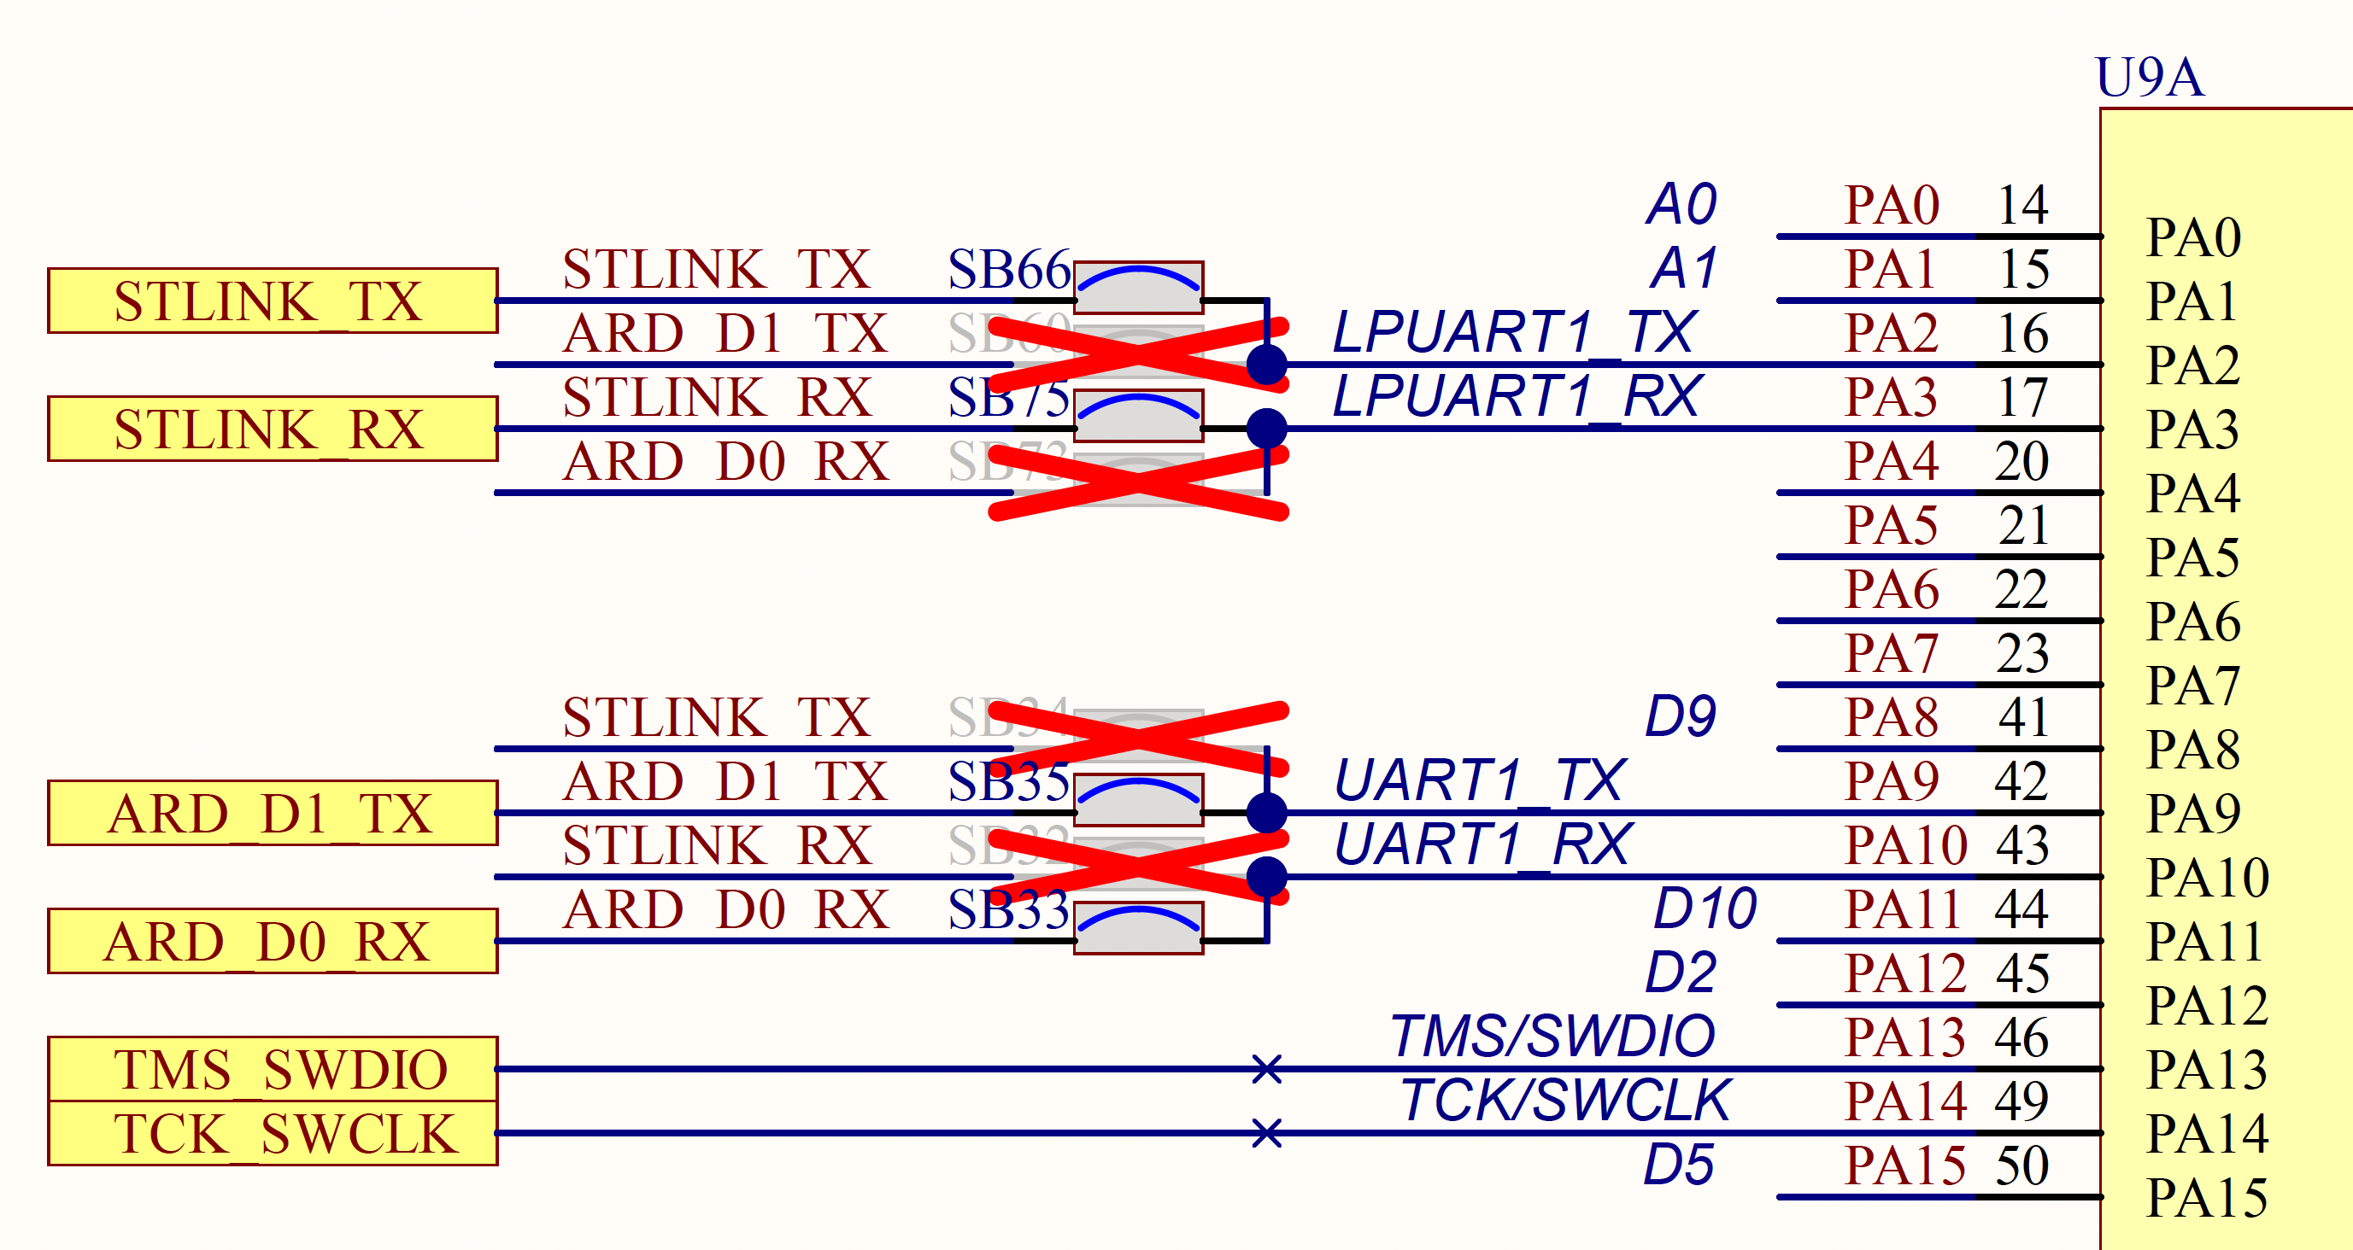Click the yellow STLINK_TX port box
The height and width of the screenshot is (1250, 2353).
(273, 301)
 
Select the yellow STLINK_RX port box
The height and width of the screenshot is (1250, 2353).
(273, 429)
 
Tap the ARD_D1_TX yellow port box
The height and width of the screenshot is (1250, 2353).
(273, 813)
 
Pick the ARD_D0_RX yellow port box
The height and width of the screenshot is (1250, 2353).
(273, 940)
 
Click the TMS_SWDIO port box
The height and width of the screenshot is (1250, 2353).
(273, 1068)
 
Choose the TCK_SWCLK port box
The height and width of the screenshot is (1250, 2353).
(273, 1133)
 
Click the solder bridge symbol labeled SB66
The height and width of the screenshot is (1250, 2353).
(1138, 288)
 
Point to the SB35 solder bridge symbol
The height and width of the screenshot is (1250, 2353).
(1138, 800)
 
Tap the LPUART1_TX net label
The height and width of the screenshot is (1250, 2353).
(1513, 331)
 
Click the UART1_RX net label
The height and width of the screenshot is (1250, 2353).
(1481, 844)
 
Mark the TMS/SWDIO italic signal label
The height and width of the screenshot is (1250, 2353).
(1552, 1037)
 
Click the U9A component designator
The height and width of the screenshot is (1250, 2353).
(2150, 77)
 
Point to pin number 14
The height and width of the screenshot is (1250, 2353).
(2022, 205)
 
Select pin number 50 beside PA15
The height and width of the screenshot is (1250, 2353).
(2022, 1165)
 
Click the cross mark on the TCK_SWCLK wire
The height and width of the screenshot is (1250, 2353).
(1267, 1133)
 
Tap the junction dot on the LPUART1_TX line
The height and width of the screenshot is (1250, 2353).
(1267, 365)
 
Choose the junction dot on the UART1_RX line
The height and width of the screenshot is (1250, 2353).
(1267, 877)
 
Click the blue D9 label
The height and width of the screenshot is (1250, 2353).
(1680, 716)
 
